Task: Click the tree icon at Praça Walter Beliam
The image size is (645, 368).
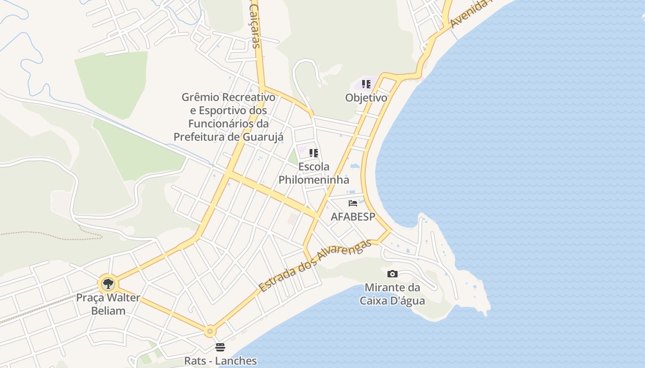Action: (x=108, y=283)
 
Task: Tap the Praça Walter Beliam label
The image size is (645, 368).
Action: (x=108, y=304)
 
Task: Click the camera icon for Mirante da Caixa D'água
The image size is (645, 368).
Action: (x=392, y=274)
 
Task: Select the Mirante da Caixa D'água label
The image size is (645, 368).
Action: (x=392, y=294)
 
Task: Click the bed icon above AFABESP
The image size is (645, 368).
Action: (x=353, y=203)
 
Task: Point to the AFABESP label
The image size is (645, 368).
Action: (x=353, y=216)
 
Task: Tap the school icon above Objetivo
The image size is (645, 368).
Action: (x=366, y=84)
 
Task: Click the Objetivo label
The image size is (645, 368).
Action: (x=366, y=98)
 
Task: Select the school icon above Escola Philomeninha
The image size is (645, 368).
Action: (x=314, y=153)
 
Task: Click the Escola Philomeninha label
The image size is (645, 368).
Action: (x=314, y=173)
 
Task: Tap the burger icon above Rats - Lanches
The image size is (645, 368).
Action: (x=220, y=347)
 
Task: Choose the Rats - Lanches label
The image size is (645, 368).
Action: (x=220, y=361)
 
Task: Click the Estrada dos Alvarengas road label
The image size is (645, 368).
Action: (x=315, y=266)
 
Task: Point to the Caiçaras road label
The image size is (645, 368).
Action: (x=255, y=29)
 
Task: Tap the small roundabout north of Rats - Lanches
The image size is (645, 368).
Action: (x=211, y=330)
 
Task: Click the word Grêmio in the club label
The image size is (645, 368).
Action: (x=200, y=98)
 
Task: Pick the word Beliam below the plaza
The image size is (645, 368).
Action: (x=108, y=310)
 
